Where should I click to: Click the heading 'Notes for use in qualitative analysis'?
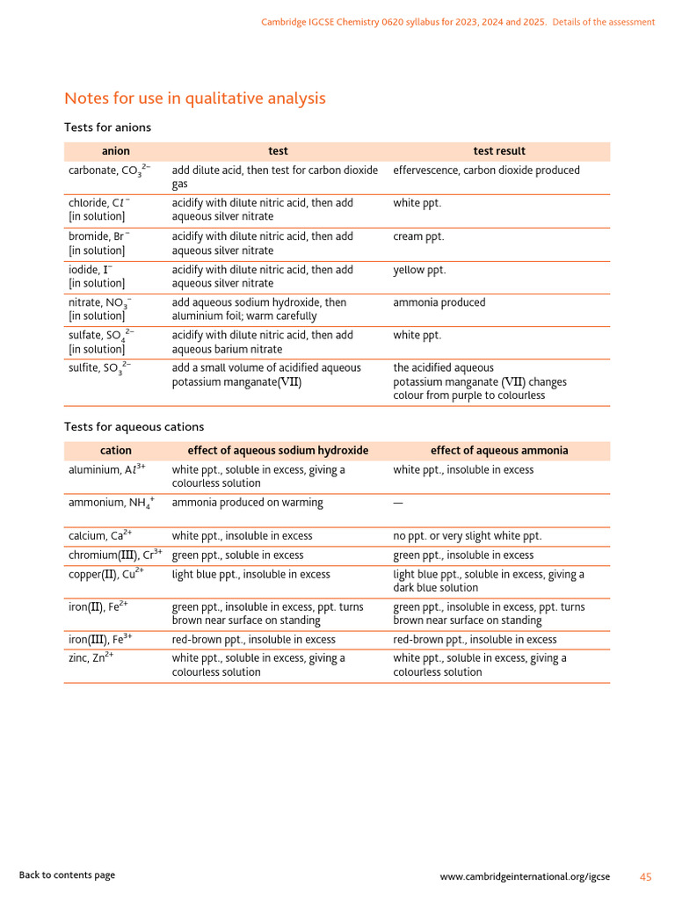click(194, 98)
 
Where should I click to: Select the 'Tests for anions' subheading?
click(107, 127)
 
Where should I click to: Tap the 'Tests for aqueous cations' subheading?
click(134, 427)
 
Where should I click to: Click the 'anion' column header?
click(115, 151)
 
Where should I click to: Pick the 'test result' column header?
click(499, 151)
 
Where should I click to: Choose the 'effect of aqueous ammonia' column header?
click(499, 451)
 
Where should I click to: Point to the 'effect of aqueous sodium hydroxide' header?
click(278, 451)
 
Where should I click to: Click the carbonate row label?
click(110, 171)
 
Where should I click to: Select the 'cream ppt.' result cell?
click(418, 236)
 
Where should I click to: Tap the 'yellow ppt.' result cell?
click(419, 270)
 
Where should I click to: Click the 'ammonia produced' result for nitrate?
click(439, 302)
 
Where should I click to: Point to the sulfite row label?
click(100, 368)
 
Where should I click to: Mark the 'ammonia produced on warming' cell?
click(247, 503)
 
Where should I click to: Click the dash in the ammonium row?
click(398, 503)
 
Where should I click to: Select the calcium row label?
click(100, 535)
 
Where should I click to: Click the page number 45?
click(646, 877)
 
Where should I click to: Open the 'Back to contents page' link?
click(67, 875)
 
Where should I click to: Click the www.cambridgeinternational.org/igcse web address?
click(525, 877)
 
